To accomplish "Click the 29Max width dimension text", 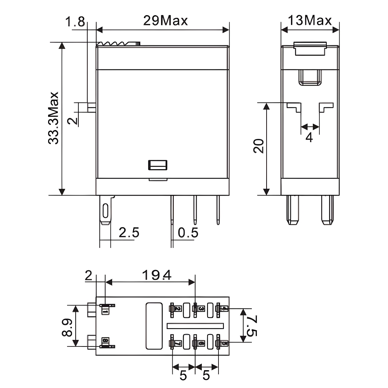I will [165, 20].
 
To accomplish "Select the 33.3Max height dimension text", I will [53, 118].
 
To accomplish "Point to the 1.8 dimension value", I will [75, 22].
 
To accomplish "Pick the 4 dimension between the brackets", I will [309, 137].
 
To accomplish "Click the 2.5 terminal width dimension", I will [129, 233].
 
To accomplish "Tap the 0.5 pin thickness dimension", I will [188, 233].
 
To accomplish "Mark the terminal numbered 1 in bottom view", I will [105, 310].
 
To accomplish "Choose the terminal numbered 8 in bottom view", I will [105, 341].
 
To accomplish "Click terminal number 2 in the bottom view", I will [177, 309].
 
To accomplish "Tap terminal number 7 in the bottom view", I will [177, 343].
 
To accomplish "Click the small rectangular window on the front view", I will [157, 165].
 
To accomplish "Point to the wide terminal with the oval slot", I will [105, 210].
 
